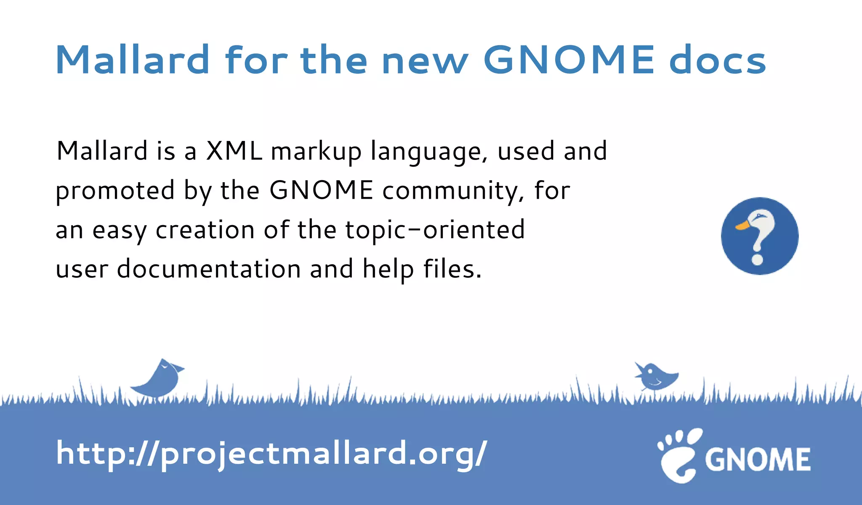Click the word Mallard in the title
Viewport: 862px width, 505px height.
[132, 60]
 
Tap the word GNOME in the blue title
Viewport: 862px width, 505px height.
[569, 60]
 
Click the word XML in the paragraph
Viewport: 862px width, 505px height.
[234, 151]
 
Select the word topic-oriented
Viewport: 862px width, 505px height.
[435, 230]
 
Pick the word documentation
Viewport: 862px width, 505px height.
[209, 269]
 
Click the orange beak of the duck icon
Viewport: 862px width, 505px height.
[742, 226]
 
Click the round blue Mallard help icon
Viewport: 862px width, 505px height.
[759, 236]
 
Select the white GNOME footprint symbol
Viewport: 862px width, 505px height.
[678, 457]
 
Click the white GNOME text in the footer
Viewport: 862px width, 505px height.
[758, 459]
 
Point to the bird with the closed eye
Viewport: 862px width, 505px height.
[160, 378]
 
